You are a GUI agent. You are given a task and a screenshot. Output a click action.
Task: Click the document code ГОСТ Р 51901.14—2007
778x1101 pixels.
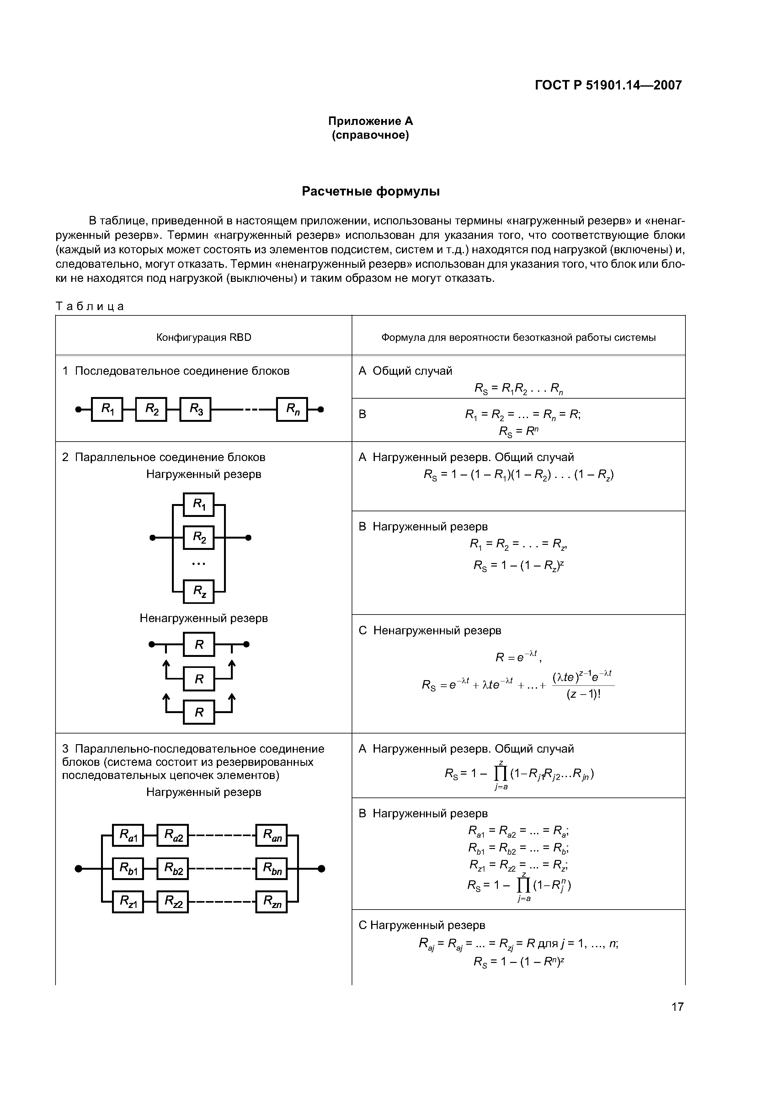click(x=608, y=85)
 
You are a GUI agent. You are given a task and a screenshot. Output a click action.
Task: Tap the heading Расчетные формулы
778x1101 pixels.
click(x=370, y=191)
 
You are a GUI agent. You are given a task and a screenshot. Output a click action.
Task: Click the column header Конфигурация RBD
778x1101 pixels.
click(x=204, y=338)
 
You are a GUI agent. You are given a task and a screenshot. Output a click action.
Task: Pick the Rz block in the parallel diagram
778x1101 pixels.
click(x=199, y=591)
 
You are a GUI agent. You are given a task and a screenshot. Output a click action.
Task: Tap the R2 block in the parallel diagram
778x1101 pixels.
click(x=199, y=538)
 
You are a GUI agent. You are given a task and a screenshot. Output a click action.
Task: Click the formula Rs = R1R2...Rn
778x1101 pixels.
click(x=518, y=388)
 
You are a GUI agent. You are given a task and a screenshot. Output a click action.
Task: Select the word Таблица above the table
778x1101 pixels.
click(x=90, y=306)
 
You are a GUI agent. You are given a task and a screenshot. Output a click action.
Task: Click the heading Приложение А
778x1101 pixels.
click(x=370, y=121)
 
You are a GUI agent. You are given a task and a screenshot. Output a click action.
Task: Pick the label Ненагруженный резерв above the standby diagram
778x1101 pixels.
click(x=204, y=618)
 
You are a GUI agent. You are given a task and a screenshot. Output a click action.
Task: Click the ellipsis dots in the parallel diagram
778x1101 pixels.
click(x=199, y=564)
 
